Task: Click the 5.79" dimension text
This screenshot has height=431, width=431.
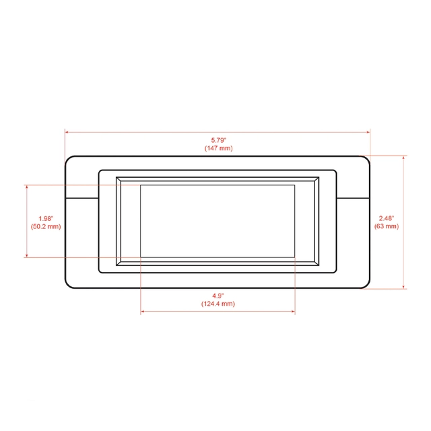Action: [218, 140]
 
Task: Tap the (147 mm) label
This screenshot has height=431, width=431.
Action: [218, 148]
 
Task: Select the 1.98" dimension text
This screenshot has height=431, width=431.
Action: [46, 218]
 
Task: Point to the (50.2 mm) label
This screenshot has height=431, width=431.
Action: [46, 226]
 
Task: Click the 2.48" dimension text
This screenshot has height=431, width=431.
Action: [387, 218]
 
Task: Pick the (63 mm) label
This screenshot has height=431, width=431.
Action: [387, 226]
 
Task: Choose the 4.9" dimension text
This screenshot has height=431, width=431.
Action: [218, 296]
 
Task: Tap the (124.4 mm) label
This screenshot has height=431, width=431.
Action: [218, 304]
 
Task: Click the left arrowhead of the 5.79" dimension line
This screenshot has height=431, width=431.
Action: [67, 132]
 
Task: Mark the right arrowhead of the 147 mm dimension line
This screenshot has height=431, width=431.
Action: [368, 132]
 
